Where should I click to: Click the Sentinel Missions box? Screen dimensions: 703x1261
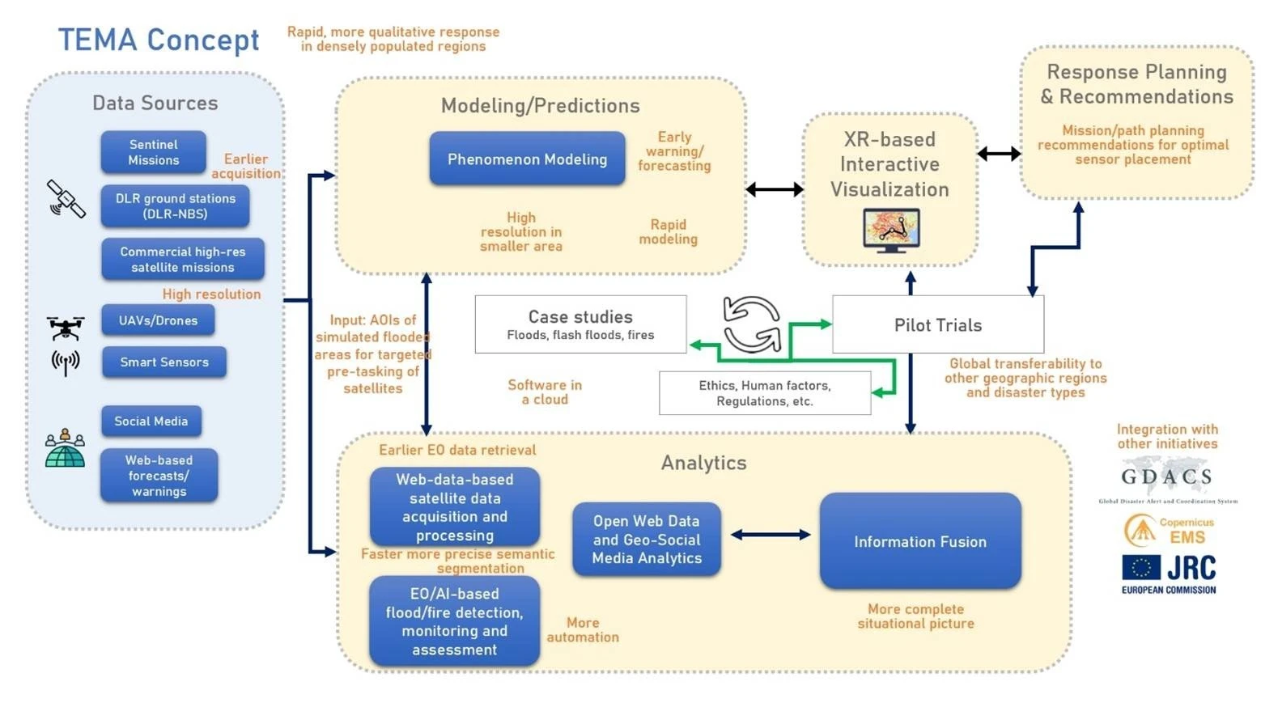[x=153, y=152]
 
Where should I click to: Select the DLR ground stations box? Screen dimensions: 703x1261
[x=175, y=206]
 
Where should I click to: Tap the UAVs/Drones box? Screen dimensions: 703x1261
[x=158, y=320]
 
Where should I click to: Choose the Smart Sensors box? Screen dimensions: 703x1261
[x=164, y=362]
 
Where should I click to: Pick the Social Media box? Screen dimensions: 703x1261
[x=151, y=421]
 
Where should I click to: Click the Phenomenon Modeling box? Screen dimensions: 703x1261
[x=527, y=159]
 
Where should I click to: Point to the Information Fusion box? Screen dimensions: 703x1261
[x=920, y=541]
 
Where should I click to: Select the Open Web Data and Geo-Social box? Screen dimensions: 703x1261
[x=647, y=540]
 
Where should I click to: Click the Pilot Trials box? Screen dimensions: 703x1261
[x=937, y=325]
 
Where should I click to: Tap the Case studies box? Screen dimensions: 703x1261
[x=580, y=324]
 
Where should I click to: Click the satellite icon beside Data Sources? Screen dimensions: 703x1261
[x=66, y=199]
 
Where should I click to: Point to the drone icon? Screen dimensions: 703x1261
[x=65, y=327]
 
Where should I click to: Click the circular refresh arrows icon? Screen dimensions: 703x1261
[x=751, y=324]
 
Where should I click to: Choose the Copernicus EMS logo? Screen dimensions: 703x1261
[x=1169, y=531]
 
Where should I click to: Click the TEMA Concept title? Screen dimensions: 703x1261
[x=159, y=40]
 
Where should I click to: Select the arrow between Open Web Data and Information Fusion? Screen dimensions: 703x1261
[x=770, y=535]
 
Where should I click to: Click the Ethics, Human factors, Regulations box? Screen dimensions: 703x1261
[x=764, y=393]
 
